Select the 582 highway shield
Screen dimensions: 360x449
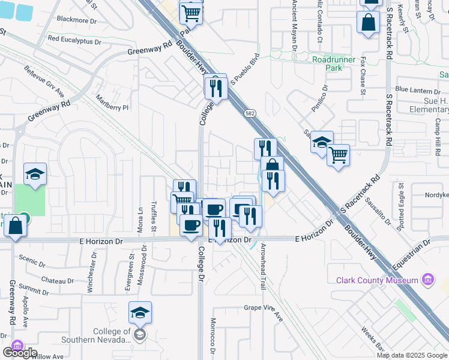249,113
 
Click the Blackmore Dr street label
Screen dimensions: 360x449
77,20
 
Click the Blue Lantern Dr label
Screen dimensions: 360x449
418,90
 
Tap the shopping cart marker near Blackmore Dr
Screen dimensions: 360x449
191,11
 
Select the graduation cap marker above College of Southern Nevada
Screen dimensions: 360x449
140,313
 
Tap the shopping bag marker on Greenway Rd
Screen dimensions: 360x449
15,226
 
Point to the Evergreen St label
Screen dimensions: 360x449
131,264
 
